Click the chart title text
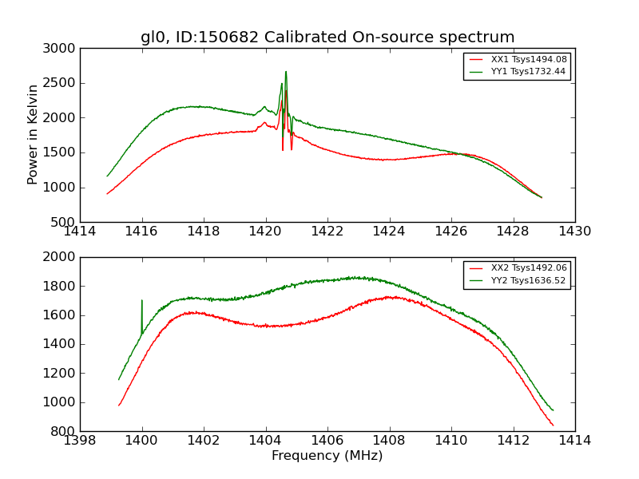327,38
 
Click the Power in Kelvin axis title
33,134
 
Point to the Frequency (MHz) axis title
327,456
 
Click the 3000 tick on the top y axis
61,49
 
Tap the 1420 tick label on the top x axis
265,231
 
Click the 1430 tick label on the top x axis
575,231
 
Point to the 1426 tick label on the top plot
451,231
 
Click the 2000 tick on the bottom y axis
61,257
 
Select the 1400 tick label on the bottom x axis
142,440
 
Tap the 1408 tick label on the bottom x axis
390,440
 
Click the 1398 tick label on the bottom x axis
80,440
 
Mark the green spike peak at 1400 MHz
142,300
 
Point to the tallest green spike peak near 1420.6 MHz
286,71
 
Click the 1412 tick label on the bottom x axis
514,440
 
